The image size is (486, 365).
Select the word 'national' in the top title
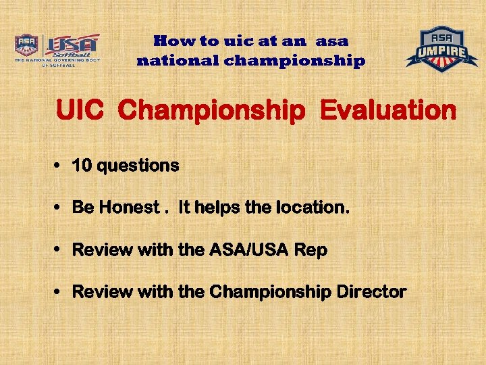click(178, 61)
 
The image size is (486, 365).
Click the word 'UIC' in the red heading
click(80, 110)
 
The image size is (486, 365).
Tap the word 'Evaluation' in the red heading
click(389, 110)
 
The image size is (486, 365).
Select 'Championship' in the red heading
click(211, 110)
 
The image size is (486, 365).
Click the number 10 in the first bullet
click(82, 166)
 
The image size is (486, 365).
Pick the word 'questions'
click(138, 166)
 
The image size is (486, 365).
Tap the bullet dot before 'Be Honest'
click(59, 208)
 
